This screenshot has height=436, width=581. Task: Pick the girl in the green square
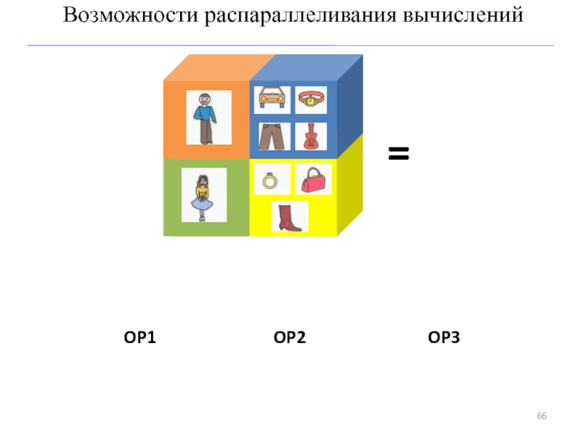pyautogui.click(x=203, y=195)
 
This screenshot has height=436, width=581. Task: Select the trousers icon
pyautogui.click(x=273, y=136)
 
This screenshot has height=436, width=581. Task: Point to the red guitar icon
pyautogui.click(x=311, y=136)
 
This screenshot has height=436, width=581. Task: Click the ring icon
pyautogui.click(x=271, y=179)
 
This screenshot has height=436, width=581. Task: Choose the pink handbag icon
pyautogui.click(x=313, y=179)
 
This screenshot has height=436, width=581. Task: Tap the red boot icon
pyautogui.click(x=290, y=217)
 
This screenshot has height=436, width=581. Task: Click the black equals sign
pyautogui.click(x=399, y=153)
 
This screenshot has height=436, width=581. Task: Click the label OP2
pyautogui.click(x=290, y=337)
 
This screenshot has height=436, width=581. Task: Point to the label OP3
pyautogui.click(x=444, y=337)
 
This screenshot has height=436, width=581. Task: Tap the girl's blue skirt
pyautogui.click(x=203, y=203)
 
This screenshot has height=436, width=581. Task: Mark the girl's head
pyautogui.click(x=203, y=178)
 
